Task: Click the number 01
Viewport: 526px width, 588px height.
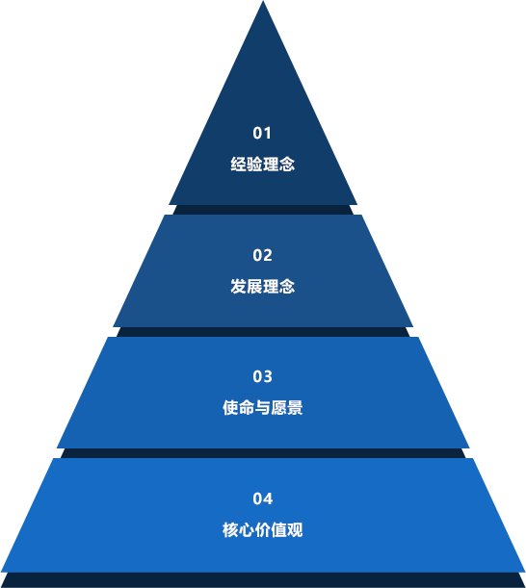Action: pos(262,133)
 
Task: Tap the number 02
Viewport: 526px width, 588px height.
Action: pos(262,255)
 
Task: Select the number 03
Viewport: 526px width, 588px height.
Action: pos(262,376)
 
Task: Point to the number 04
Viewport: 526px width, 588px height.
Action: pos(262,499)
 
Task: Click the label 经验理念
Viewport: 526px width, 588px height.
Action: pos(262,165)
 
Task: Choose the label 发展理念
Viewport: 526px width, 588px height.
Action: pos(262,287)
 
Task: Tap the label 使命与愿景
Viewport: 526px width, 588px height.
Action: pos(262,408)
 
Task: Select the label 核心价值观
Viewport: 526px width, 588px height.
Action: pos(262,530)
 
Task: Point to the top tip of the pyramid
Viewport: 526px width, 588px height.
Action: pos(263,1)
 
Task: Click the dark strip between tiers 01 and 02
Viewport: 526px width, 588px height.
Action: pos(263,210)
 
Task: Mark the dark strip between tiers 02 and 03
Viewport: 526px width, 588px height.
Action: pos(263,332)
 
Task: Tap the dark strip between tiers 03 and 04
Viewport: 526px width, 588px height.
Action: pos(263,453)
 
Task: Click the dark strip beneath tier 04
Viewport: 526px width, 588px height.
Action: pos(263,579)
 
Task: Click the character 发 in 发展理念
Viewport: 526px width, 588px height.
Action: pos(238,287)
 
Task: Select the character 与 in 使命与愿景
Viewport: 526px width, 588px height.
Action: pos(262,408)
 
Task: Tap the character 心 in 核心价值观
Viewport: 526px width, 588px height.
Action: pos(247,530)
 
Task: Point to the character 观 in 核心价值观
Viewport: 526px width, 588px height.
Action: pos(295,530)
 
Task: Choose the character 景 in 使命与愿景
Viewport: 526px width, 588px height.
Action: pos(295,408)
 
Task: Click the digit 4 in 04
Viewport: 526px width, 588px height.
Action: pos(268,499)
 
